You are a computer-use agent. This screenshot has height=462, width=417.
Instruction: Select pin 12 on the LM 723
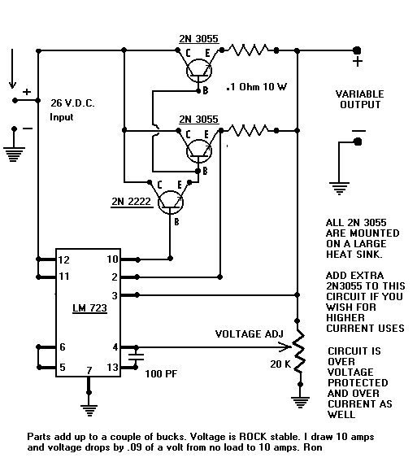(x=63, y=259)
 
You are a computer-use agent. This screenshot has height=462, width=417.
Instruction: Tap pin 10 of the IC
(x=114, y=259)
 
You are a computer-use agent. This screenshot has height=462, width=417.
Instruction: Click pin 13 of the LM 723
(x=113, y=367)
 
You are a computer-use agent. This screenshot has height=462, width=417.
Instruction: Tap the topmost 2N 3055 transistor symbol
(x=197, y=72)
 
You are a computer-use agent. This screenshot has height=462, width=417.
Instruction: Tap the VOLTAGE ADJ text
(x=249, y=334)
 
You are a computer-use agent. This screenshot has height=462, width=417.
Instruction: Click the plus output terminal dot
(x=357, y=50)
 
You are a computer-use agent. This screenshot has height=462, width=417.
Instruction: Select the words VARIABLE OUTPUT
(x=359, y=100)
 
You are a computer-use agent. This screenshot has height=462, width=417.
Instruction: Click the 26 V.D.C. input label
(x=72, y=111)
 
